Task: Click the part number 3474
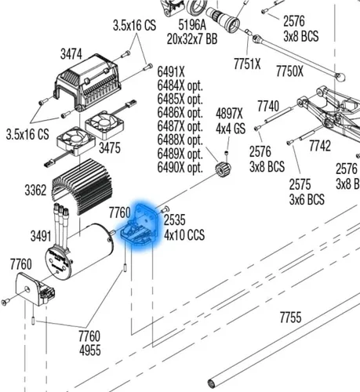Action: click(71, 55)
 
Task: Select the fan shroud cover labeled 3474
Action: click(87, 83)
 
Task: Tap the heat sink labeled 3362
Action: click(82, 186)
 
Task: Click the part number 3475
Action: click(110, 148)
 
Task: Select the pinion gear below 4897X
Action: click(224, 169)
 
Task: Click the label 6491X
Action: click(171, 72)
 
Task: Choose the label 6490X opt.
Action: click(180, 167)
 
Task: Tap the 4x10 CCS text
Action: click(184, 234)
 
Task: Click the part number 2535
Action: click(175, 220)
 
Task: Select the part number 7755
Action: click(290, 318)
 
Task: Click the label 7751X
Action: click(247, 64)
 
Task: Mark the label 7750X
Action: click(290, 71)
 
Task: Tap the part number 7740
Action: click(268, 107)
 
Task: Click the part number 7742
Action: click(320, 146)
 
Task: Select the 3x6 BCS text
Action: click(307, 199)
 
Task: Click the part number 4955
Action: click(90, 350)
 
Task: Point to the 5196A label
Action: click(192, 25)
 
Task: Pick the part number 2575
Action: click(300, 184)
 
